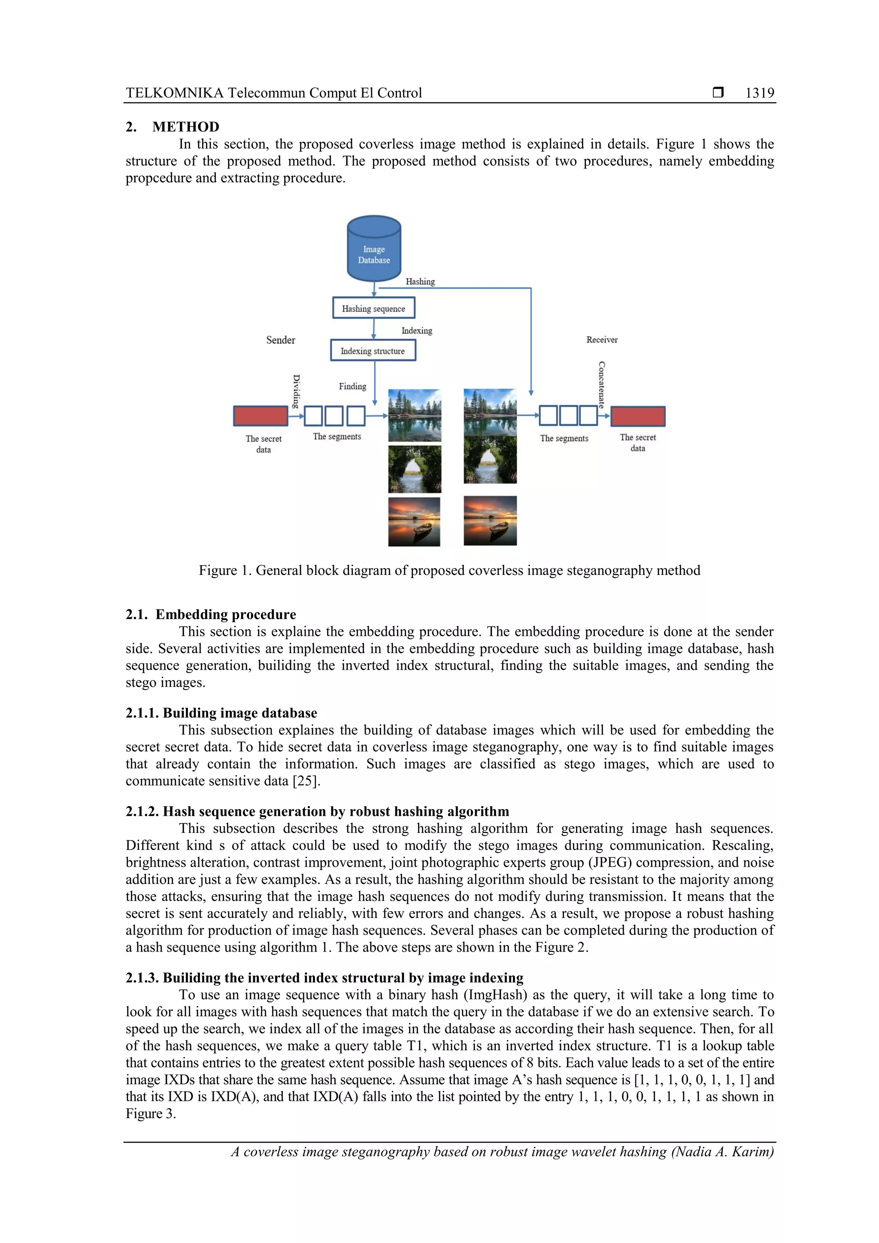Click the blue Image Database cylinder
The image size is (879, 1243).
click(374, 249)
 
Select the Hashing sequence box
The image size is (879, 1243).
click(373, 308)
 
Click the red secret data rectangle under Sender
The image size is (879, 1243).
click(261, 416)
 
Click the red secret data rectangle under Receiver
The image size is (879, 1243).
click(637, 416)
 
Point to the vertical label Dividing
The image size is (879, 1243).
click(296, 391)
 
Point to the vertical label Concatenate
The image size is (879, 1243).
click(601, 384)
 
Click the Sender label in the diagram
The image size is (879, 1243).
click(281, 340)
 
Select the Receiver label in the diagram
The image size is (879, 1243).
click(602, 339)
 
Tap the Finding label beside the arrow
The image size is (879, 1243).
click(352, 386)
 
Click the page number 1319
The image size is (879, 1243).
click(759, 93)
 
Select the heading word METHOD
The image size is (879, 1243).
click(186, 127)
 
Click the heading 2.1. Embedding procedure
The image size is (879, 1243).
click(211, 614)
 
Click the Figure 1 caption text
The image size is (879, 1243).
click(449, 570)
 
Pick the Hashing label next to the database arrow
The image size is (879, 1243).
click(420, 281)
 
